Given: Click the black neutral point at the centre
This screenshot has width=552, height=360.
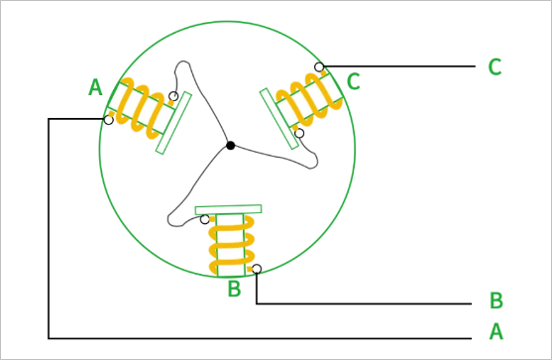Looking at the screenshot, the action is (231, 146).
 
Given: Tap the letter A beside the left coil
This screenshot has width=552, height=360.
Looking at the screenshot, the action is (95, 87).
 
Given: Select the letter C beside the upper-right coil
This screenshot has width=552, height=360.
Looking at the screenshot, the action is (354, 81).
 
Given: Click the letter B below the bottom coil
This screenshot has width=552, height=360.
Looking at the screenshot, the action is (235, 289).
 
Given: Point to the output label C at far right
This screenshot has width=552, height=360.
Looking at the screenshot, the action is (495, 66).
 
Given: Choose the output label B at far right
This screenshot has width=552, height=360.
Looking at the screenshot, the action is (497, 300).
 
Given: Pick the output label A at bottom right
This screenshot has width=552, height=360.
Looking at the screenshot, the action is (497, 331).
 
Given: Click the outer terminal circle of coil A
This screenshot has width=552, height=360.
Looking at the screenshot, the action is (109, 120).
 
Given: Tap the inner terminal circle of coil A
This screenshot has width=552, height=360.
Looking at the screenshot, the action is (173, 96).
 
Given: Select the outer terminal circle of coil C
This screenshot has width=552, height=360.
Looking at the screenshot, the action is (319, 66).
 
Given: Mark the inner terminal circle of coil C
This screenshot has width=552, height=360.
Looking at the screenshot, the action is (299, 133).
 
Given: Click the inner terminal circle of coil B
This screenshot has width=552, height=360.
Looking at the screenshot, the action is (204, 219).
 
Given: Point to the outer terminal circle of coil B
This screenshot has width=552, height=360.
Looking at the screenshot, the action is (257, 269).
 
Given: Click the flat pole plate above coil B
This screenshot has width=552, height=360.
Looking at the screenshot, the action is (229, 209).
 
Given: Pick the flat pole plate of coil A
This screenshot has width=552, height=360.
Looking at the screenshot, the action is (173, 123).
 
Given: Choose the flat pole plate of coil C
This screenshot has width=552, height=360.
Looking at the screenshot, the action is (279, 119).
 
